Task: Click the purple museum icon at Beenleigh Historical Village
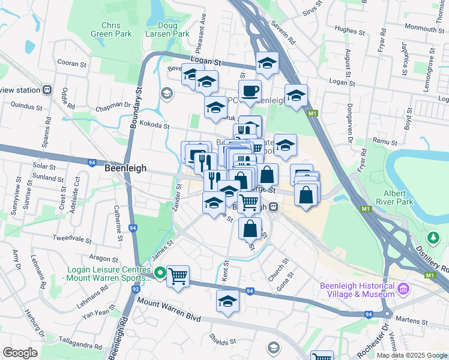coord(404,289)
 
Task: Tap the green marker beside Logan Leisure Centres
coord(160,274)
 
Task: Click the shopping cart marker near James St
coord(178,277)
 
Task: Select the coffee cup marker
coord(250,91)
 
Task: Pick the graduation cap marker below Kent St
coord(228,301)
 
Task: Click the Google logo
coord(20,353)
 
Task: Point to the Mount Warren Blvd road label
coord(169,311)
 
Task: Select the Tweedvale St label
coord(71,238)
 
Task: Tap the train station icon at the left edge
coord(47,90)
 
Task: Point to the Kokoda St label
coord(154,127)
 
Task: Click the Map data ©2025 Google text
coord(412,355)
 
